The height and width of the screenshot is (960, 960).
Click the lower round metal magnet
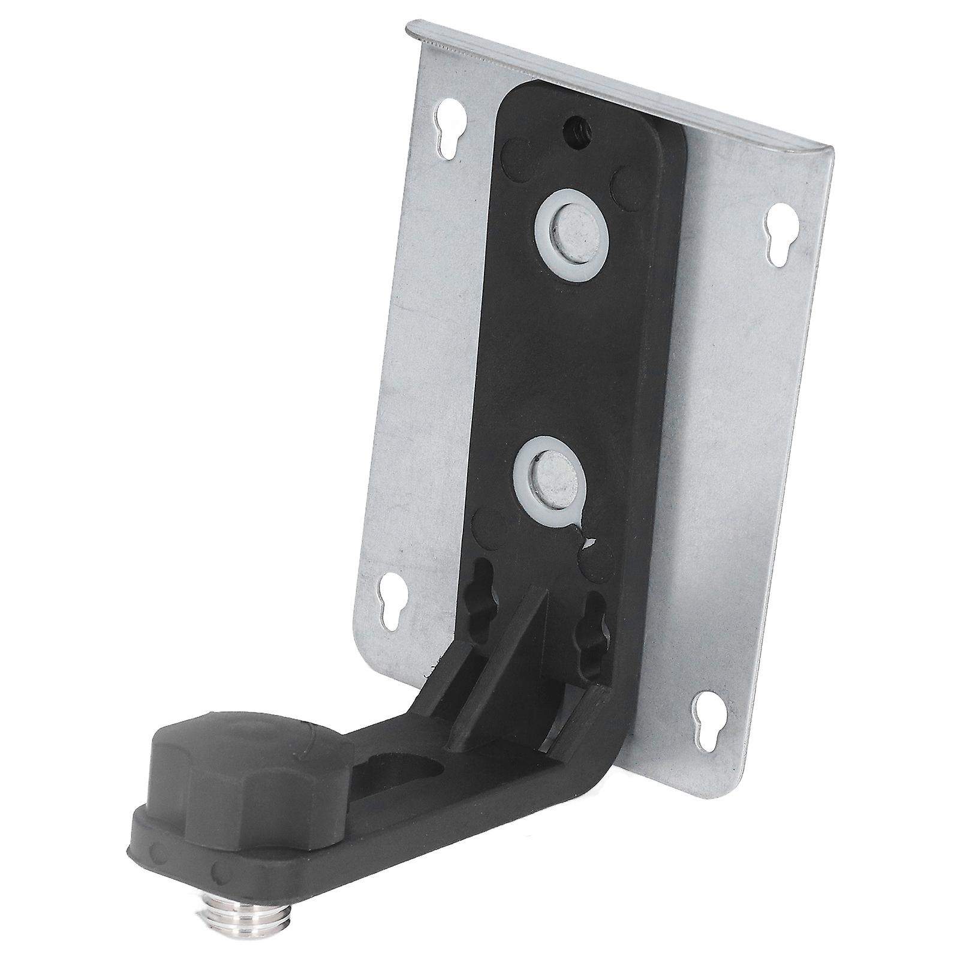click(552, 471)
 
